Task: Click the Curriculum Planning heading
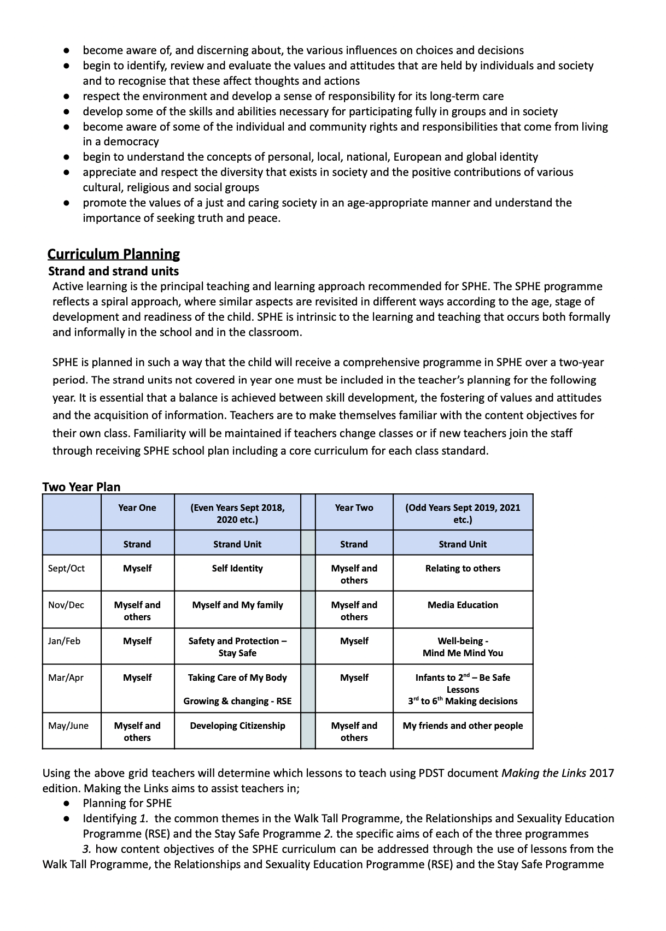click(x=114, y=254)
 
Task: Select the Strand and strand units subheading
click(x=113, y=271)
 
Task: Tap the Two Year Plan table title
click(x=81, y=487)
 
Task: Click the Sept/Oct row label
click(x=66, y=568)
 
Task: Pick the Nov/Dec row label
click(x=66, y=605)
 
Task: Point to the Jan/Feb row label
click(x=64, y=641)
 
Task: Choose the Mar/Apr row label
click(x=66, y=677)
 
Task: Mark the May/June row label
click(x=68, y=726)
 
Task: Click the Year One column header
click(x=137, y=508)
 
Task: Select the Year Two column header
click(x=354, y=508)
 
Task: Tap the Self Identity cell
click(x=237, y=568)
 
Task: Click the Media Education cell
click(x=463, y=605)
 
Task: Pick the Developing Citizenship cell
click(x=237, y=726)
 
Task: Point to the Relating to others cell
click(x=463, y=568)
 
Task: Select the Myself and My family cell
click(x=237, y=605)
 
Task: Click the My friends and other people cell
click(x=463, y=726)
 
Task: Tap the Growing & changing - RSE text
click(x=237, y=701)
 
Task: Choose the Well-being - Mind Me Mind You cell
click(x=463, y=647)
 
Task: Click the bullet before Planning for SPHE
click(x=66, y=803)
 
